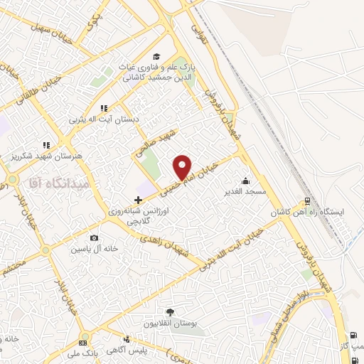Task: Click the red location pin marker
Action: point(183,166)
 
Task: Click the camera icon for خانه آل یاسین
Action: point(94,238)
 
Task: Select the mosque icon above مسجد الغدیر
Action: point(246,181)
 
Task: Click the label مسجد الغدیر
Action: point(246,192)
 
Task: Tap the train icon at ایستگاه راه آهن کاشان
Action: point(306,201)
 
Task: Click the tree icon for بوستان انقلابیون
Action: point(169,312)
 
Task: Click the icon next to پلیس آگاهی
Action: point(126,340)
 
